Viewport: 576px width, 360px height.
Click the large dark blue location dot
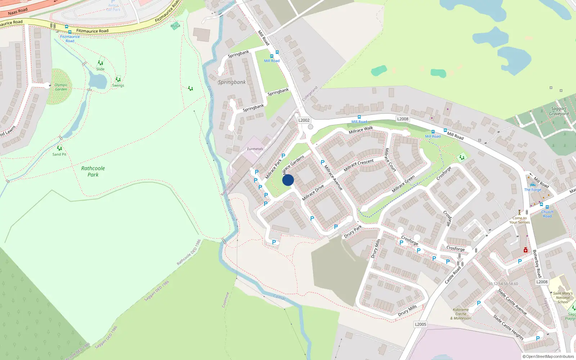(x=288, y=180)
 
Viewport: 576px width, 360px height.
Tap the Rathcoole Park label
(x=93, y=171)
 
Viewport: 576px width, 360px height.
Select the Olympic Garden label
(x=61, y=87)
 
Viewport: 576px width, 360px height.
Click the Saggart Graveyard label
(x=559, y=111)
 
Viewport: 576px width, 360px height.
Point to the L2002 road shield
(x=304, y=120)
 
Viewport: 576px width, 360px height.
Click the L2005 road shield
(x=420, y=324)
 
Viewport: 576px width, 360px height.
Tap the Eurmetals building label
(x=255, y=149)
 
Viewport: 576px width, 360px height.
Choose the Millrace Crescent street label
(x=359, y=165)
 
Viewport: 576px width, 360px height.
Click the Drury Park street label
(x=353, y=231)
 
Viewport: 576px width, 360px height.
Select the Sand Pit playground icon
(x=59, y=148)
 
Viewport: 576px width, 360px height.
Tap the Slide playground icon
(x=100, y=63)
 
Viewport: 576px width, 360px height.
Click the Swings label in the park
(x=118, y=86)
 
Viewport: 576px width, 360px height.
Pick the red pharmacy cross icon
(x=526, y=250)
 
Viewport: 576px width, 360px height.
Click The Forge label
(x=533, y=190)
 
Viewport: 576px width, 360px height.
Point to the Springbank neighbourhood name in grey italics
(x=232, y=82)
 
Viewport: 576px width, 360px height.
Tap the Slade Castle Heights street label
(x=508, y=327)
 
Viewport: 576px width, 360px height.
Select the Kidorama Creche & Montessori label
(x=461, y=314)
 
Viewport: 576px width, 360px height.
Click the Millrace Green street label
(x=403, y=184)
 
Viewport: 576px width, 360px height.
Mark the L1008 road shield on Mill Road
(x=402, y=119)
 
